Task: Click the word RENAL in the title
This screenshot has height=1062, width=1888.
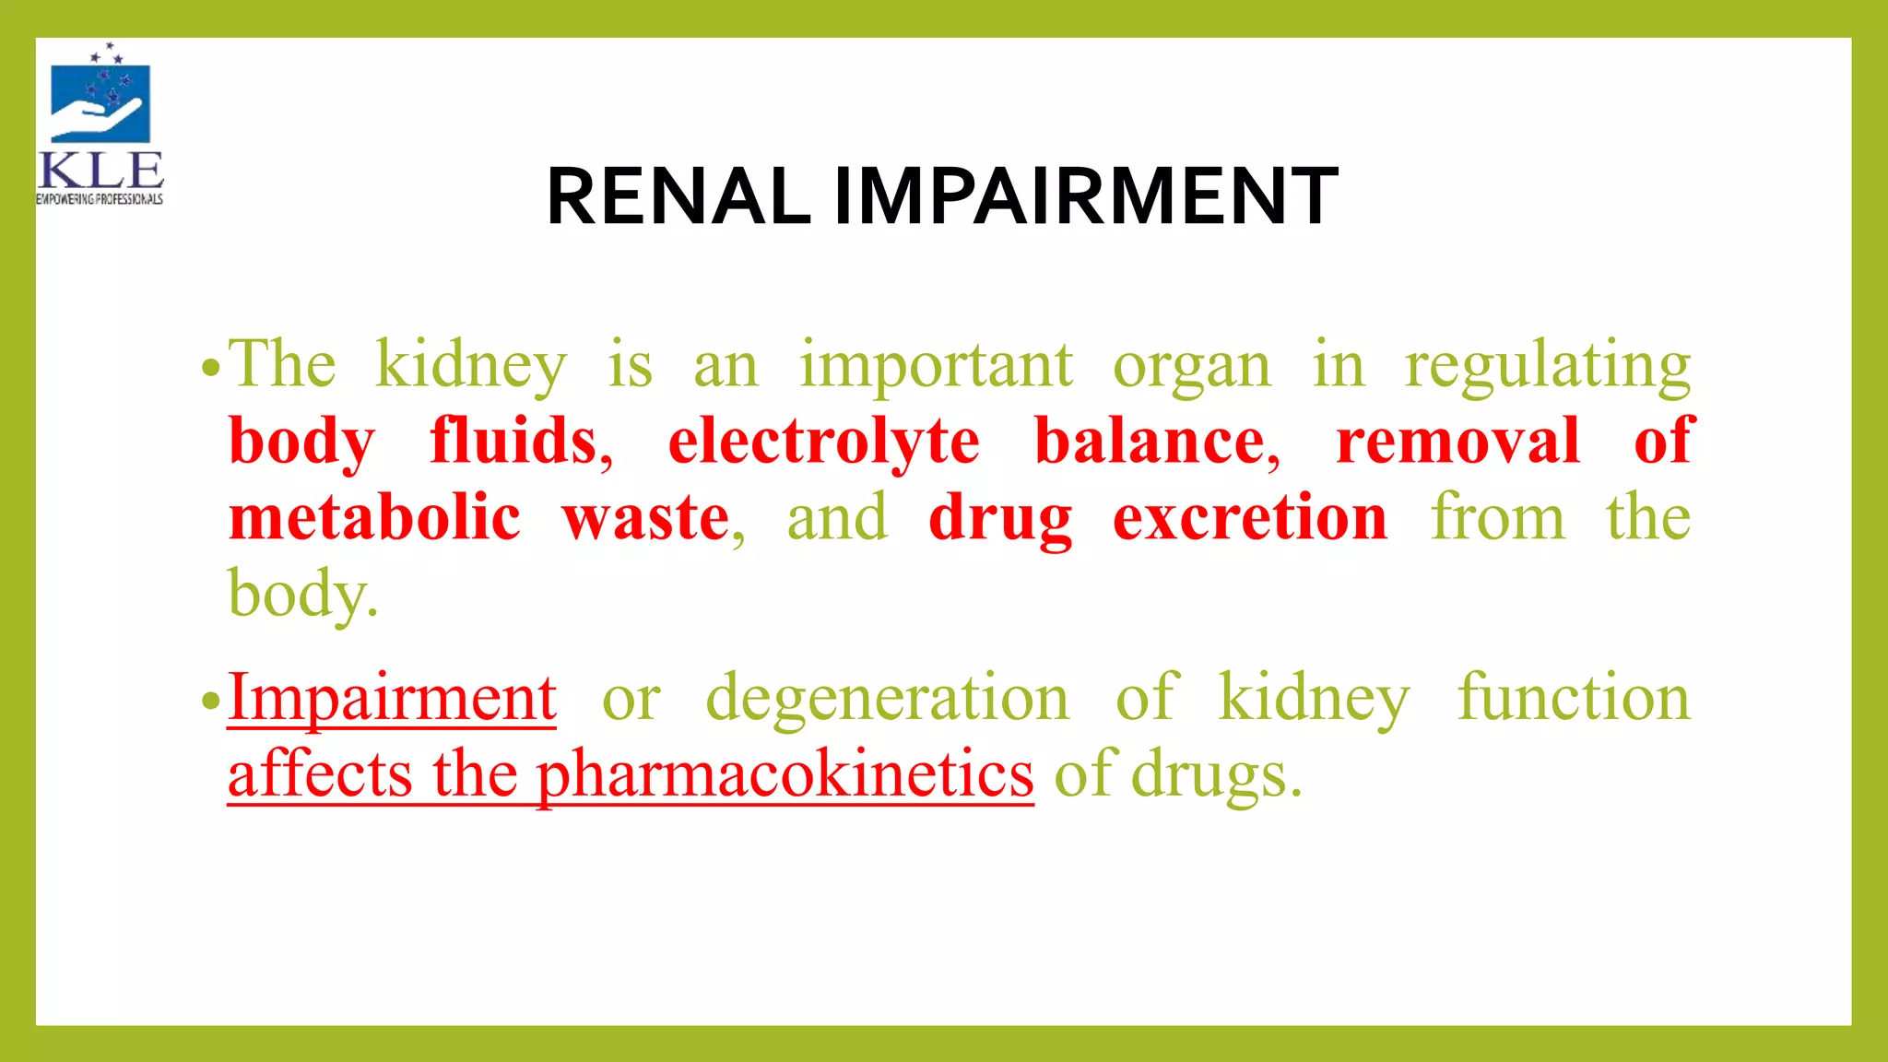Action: click(x=678, y=196)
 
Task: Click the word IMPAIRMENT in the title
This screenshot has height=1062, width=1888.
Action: click(x=1085, y=196)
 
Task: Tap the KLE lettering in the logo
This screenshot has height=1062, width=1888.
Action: click(x=101, y=171)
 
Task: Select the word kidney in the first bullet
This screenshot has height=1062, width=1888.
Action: click(x=470, y=366)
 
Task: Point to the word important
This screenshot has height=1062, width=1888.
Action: click(x=936, y=366)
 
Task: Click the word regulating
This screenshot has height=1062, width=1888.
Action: click(x=1547, y=366)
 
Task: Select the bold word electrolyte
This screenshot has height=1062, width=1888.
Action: click(x=823, y=442)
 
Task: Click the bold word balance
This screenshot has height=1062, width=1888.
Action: click(x=1154, y=442)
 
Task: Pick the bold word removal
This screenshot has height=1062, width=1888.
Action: click(x=1457, y=442)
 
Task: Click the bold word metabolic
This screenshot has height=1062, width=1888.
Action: click(x=374, y=518)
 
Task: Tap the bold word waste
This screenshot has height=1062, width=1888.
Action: click(x=646, y=518)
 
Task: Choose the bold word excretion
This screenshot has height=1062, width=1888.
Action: click(x=1249, y=518)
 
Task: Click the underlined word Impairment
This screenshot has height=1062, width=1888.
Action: click(x=392, y=698)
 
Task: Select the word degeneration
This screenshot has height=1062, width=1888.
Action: click(x=887, y=698)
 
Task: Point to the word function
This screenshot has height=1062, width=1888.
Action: click(x=1573, y=698)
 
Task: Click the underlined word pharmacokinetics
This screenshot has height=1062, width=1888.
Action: click(x=785, y=774)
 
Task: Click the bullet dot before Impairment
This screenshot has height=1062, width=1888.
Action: click(x=211, y=702)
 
